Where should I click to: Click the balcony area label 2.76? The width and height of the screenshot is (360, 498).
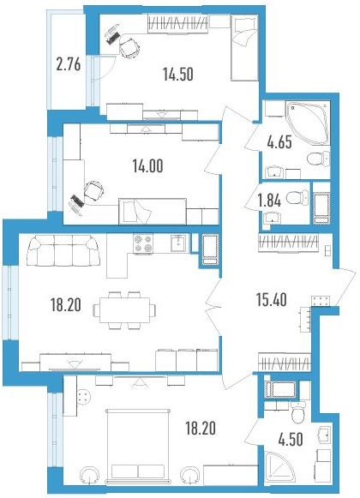pyautogui.click(x=69, y=65)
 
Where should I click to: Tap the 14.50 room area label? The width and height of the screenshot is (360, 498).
pyautogui.click(x=178, y=75)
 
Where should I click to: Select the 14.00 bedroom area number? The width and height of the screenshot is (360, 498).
pyautogui.click(x=148, y=165)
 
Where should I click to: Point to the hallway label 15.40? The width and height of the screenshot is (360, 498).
pyautogui.click(x=272, y=300)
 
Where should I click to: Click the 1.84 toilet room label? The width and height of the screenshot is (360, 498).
pyautogui.click(x=269, y=201)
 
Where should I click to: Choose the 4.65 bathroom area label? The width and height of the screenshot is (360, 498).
pyautogui.click(x=279, y=142)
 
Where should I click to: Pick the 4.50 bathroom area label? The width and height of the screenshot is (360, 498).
pyautogui.click(x=291, y=440)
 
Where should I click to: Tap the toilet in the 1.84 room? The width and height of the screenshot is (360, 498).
pyautogui.click(x=297, y=198)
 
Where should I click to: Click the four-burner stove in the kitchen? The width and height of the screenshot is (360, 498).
pyautogui.click(x=143, y=244)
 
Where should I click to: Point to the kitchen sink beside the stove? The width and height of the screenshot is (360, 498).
pyautogui.click(x=179, y=243)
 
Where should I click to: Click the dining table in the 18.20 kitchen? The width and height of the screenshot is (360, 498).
pyautogui.click(x=124, y=310)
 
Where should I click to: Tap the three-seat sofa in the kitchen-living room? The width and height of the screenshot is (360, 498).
pyautogui.click(x=63, y=250)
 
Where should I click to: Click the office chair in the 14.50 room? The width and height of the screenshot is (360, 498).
pyautogui.click(x=129, y=48)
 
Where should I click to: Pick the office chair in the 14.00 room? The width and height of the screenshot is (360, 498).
pyautogui.click(x=94, y=191)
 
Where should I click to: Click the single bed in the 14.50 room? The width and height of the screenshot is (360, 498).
pyautogui.click(x=244, y=48)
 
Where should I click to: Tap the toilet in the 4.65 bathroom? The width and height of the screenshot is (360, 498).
pyautogui.click(x=318, y=159)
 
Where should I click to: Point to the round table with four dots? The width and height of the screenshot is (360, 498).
pyautogui.click(x=84, y=397)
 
